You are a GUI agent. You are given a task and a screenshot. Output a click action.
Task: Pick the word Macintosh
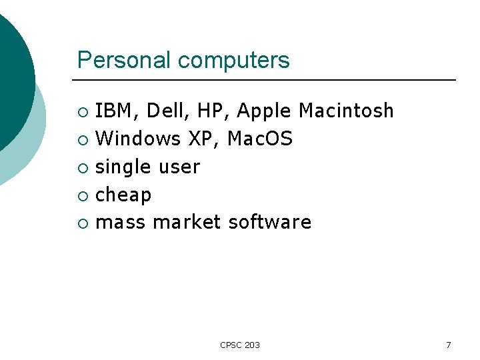click(x=347, y=111)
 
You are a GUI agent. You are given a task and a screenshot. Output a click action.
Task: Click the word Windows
click(x=138, y=139)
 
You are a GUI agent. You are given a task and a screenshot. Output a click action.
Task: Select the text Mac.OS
click(x=260, y=139)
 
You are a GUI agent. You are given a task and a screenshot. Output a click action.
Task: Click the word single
click(x=124, y=167)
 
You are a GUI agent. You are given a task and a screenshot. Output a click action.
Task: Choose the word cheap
click(x=123, y=195)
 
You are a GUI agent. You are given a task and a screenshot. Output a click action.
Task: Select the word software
click(x=269, y=222)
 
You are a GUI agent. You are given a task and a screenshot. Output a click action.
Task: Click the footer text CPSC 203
click(x=240, y=345)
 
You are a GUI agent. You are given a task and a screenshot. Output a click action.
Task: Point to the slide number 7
click(x=448, y=345)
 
